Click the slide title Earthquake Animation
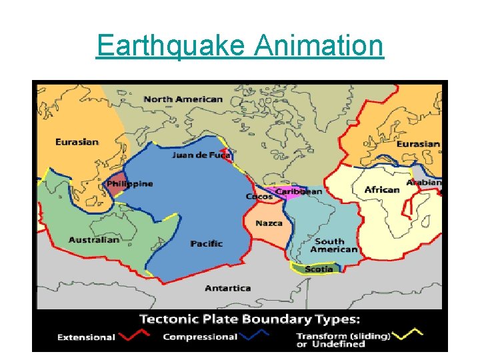[240, 46]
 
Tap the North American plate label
[183, 99]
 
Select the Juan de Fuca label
[201, 155]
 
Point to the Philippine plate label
[130, 184]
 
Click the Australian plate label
[94, 240]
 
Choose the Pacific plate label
[206, 244]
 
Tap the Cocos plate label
[259, 197]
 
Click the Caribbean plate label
[299, 191]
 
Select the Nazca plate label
[269, 223]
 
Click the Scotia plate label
[318, 269]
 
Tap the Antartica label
[227, 288]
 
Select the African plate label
[382, 190]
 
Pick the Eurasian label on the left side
[77, 142]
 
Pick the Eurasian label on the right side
[418, 144]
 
